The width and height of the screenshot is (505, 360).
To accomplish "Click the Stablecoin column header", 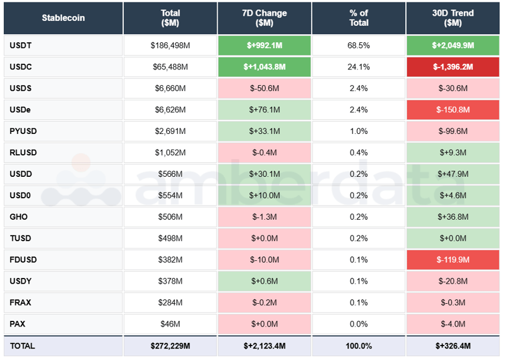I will point(63,18).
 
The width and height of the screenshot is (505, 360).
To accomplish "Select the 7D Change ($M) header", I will point(264,18).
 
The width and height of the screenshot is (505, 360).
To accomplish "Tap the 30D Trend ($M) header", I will point(453,18).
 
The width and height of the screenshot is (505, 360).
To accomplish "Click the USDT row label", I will point(21,45).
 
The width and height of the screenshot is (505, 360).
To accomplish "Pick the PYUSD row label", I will point(23,131).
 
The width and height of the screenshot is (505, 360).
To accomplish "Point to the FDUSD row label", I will point(23,260).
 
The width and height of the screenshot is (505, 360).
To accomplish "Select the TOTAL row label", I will point(22,346).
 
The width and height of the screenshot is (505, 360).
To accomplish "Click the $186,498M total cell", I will point(170,45).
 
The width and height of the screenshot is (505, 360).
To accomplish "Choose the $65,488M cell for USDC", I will point(170,67).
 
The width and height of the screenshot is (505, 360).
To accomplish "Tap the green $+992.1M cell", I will point(264,45).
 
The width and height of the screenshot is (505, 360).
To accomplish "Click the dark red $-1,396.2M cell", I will point(453,67).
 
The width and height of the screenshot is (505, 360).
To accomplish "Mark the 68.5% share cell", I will point(359,45).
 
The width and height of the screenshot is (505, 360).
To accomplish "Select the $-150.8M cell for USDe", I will point(453,110).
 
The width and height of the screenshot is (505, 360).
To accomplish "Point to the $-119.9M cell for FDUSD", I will point(453,260).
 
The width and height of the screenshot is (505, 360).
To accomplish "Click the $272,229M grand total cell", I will point(170,346).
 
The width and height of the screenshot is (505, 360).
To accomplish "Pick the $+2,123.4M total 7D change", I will point(264,346).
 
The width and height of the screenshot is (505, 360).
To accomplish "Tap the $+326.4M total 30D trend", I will point(453,346).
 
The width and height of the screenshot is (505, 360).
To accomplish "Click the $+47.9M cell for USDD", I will point(453,174).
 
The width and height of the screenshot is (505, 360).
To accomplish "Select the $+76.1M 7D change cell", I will point(264,110).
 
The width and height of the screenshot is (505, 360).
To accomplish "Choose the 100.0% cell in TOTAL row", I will point(359,346).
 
